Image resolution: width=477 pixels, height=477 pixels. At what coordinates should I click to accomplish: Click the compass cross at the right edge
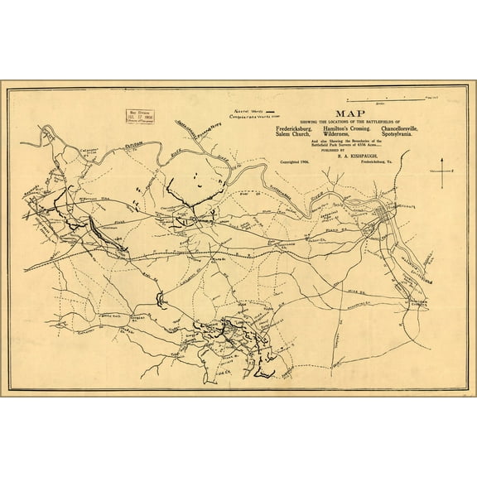(x=443, y=171)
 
